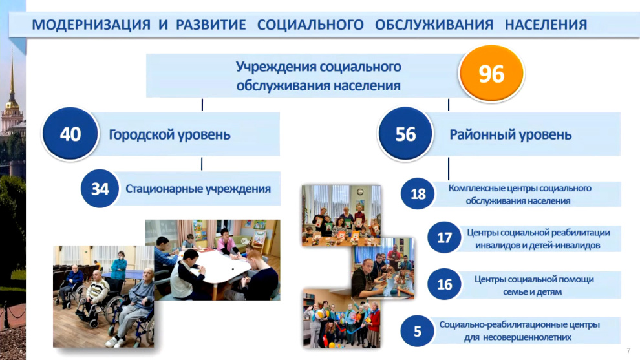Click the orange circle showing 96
[x=491, y=74]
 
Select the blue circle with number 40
[x=70, y=134]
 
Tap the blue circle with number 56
[x=405, y=134]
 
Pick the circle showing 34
[x=100, y=189]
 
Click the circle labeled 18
[x=418, y=194]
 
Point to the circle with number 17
[x=445, y=238]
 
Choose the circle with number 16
[x=445, y=284]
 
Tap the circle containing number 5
[x=418, y=331]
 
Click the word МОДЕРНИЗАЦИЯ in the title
[x=91, y=25]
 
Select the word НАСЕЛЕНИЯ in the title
[x=546, y=25]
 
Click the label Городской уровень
[x=169, y=134]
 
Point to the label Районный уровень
[x=510, y=134]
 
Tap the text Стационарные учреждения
[x=198, y=189]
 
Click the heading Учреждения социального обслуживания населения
[x=318, y=76]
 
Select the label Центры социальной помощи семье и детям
[x=534, y=285]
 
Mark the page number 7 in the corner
[x=628, y=350]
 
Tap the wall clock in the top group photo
[x=360, y=192]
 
